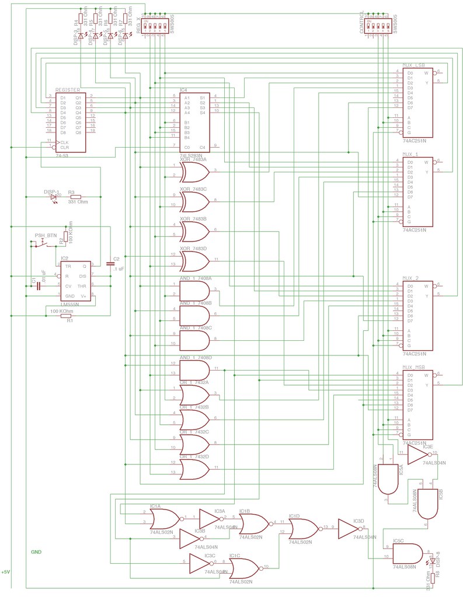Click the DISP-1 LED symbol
pyautogui.click(x=54, y=197)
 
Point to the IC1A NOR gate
pyautogui.click(x=164, y=518)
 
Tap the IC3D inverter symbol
pyautogui.click(x=353, y=529)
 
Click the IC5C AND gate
pyautogui.click(x=409, y=553)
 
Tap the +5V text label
pyautogui.click(x=6, y=572)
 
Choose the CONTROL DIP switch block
pyautogui.click(x=378, y=26)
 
